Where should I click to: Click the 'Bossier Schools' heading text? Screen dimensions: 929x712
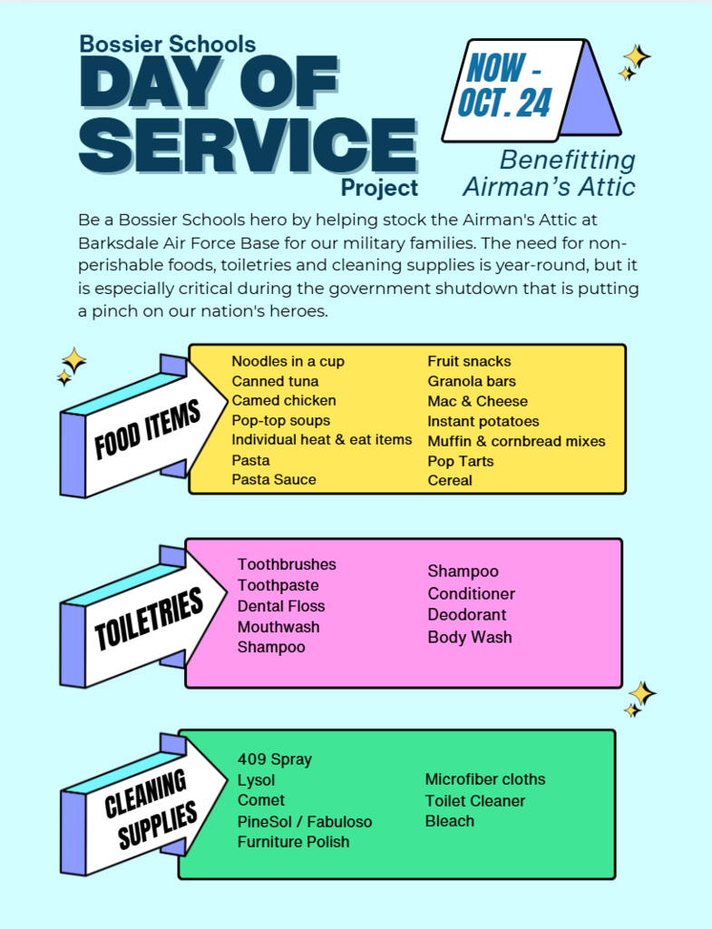click(168, 43)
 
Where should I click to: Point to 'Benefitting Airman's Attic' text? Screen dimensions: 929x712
click(550, 173)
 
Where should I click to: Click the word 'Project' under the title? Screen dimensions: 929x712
click(379, 188)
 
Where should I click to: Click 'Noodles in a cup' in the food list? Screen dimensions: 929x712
click(288, 361)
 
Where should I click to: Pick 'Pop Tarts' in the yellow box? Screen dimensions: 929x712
click(461, 461)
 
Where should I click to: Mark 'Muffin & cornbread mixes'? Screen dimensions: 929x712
click(516, 441)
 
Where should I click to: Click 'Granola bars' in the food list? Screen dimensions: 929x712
click(472, 381)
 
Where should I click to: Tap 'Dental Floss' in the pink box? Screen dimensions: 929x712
click(281, 606)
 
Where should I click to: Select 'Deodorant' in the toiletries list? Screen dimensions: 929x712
click(467, 615)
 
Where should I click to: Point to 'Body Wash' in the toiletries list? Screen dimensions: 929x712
click(470, 637)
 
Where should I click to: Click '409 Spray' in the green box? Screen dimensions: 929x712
click(274, 759)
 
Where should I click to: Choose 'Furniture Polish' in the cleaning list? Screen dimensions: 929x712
click(293, 842)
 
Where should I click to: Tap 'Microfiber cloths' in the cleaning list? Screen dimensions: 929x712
click(485, 779)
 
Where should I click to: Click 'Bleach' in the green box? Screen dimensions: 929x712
click(450, 821)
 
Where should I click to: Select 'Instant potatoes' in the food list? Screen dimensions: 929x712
click(483, 421)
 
